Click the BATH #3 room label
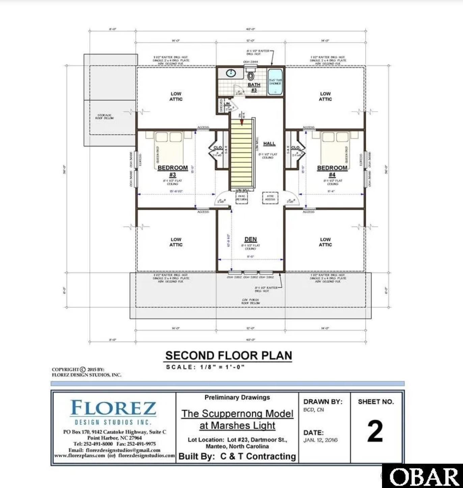(254, 87)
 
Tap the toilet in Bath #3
(250, 75)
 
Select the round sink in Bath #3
(231, 73)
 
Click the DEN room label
(250, 239)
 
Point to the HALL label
(269, 143)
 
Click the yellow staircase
(242, 154)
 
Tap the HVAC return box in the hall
(242, 198)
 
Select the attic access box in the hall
(270, 198)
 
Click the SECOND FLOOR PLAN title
(228, 355)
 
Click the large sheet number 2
(375, 431)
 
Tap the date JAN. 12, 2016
(320, 440)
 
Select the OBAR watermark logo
(423, 477)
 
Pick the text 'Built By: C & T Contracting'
(237, 456)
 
